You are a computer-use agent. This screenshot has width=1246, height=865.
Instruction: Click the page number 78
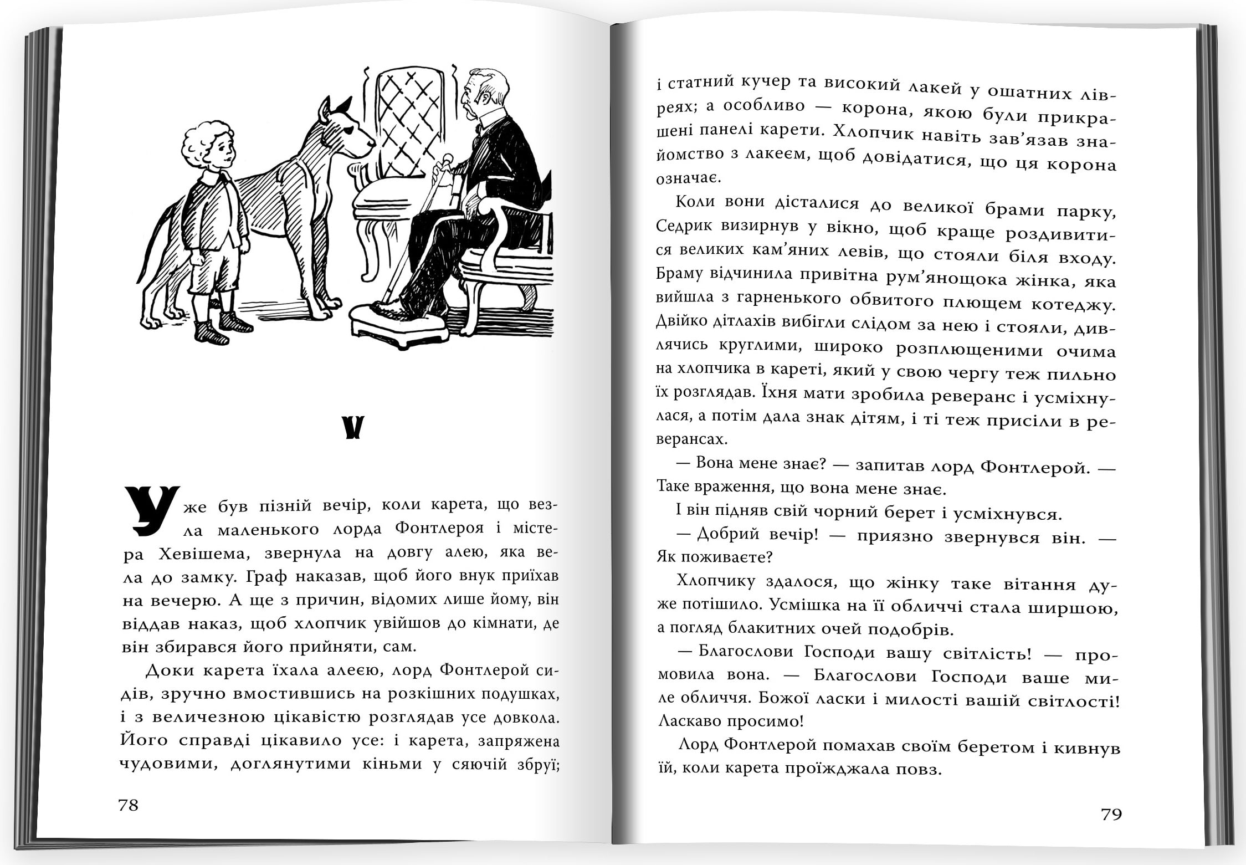128,805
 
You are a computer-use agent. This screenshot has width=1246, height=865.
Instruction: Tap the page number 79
1111,814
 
